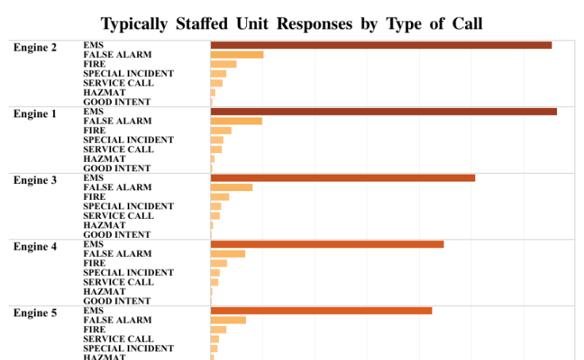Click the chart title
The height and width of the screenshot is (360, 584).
point(291,23)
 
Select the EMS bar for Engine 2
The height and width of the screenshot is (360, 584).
point(381,45)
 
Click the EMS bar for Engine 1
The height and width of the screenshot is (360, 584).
point(383,112)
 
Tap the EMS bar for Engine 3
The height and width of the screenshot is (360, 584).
point(343,178)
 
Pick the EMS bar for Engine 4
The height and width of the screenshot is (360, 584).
point(327,244)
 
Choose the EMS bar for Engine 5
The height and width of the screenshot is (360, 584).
point(321,311)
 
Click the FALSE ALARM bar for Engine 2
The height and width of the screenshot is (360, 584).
point(236,55)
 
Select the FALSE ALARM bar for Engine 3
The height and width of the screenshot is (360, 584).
point(231,188)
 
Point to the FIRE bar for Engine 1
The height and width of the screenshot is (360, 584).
point(221,131)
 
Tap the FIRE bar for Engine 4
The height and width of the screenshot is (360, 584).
point(218,263)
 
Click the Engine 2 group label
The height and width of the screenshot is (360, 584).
point(35,48)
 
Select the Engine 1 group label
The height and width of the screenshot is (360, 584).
point(35,114)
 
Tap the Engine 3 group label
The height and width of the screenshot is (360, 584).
point(35,181)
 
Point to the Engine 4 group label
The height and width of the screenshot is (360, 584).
point(35,247)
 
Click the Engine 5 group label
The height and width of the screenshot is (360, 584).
point(35,313)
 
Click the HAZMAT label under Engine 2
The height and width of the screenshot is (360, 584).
point(104,93)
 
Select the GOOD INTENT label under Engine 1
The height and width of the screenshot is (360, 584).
point(117,168)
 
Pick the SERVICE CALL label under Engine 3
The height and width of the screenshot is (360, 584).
point(118,216)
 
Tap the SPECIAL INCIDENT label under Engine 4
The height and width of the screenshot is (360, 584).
point(128,273)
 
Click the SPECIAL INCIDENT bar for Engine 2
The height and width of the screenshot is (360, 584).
point(218,74)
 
